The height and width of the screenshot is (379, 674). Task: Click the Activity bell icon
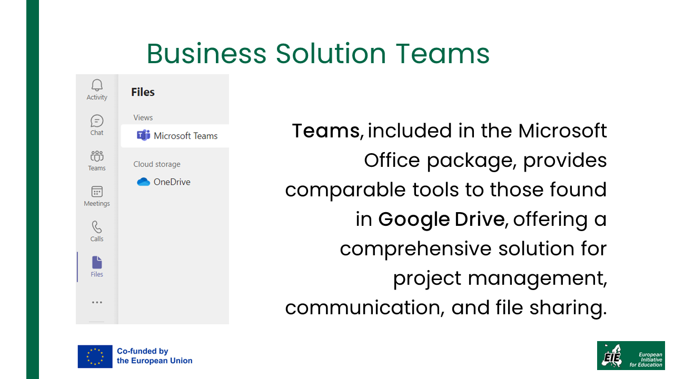click(x=97, y=85)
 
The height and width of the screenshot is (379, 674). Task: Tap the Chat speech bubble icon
click(x=97, y=121)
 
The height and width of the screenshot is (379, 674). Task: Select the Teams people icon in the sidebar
click(x=97, y=156)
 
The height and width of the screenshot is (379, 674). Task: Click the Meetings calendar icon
click(x=97, y=192)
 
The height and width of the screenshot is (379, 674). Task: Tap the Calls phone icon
click(x=97, y=227)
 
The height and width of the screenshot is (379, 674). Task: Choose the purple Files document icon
click(x=97, y=262)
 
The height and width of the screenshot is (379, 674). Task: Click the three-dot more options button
click(x=97, y=302)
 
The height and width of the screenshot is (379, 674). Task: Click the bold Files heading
click(x=143, y=92)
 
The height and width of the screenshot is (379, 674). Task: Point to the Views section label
click(x=143, y=117)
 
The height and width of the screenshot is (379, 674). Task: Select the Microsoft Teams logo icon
click(x=144, y=136)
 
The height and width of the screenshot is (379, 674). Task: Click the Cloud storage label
click(x=157, y=164)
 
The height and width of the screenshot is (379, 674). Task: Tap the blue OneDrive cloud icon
click(x=144, y=182)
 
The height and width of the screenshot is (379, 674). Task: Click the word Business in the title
click(x=206, y=54)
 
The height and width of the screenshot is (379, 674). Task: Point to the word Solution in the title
click(x=331, y=54)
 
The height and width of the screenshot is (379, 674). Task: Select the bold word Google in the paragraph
click(x=414, y=220)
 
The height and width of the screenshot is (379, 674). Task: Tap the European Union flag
click(x=95, y=356)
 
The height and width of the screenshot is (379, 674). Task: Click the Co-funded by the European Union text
click(x=155, y=356)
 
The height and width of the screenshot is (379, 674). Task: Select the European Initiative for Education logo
click(x=631, y=355)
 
